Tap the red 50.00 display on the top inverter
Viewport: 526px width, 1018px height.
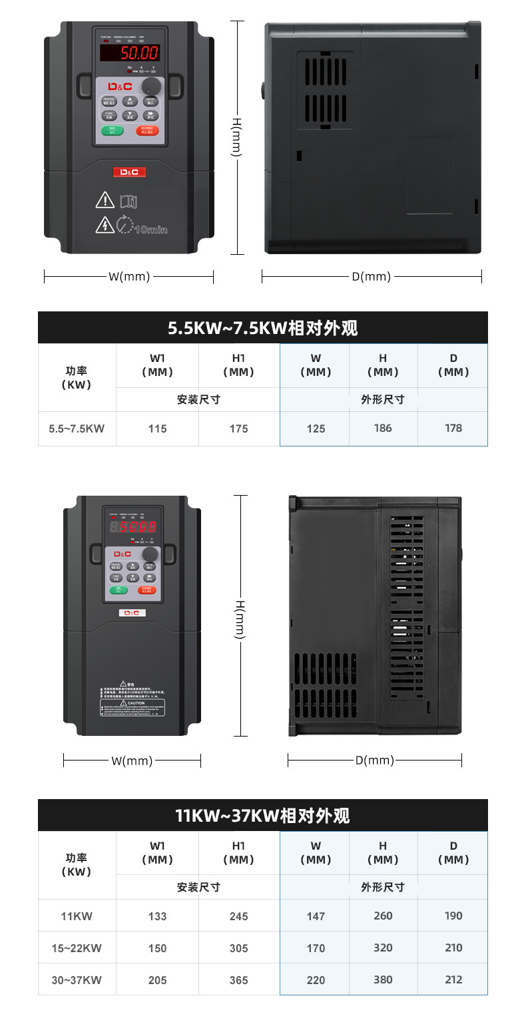click(130, 53)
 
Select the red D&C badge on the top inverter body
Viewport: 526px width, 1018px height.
click(129, 172)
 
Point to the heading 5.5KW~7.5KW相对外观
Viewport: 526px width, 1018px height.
click(262, 327)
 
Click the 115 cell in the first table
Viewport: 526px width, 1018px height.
click(157, 429)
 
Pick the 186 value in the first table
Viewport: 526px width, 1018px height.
click(383, 428)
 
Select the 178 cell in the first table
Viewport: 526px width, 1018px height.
click(453, 428)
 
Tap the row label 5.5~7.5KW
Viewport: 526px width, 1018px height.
click(77, 429)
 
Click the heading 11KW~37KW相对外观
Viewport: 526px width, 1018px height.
click(262, 816)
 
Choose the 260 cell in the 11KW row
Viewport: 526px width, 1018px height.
click(383, 916)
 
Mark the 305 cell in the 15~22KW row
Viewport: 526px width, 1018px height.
click(238, 948)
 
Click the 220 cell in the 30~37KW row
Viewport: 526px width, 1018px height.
click(316, 980)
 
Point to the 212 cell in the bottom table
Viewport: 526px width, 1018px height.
click(453, 979)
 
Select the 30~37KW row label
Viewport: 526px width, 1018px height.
click(77, 980)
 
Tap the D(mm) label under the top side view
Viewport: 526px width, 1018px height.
click(371, 276)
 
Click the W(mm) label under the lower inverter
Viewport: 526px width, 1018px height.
click(132, 761)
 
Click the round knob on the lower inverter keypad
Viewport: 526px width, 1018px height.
click(150, 554)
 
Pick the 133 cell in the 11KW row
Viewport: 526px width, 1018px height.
click(157, 916)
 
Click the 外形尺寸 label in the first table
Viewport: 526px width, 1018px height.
click(383, 400)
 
